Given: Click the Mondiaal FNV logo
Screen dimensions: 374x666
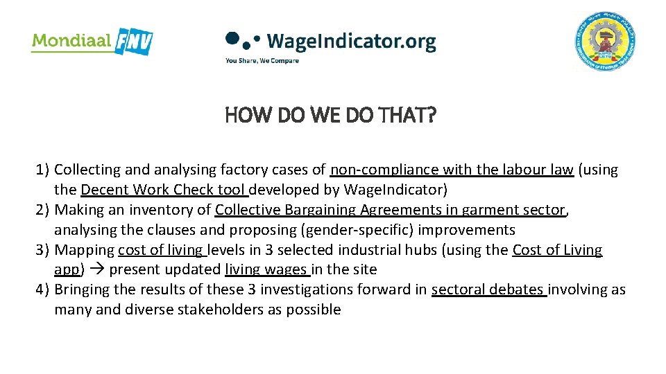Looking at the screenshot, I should (92, 41).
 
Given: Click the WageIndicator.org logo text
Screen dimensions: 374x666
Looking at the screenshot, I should (350, 42).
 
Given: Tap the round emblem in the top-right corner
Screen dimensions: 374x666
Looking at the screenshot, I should (605, 42).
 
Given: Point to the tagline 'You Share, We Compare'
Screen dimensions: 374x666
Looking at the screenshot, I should (262, 61).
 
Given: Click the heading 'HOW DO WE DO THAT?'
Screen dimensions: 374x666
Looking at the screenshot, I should (331, 115).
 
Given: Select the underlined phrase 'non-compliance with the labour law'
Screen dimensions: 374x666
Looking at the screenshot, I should (452, 170).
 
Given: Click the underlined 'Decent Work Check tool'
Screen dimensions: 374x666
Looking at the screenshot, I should (164, 190).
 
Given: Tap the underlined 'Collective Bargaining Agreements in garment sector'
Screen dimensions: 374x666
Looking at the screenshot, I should (391, 210).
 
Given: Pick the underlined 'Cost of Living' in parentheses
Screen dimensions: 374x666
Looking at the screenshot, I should (557, 250).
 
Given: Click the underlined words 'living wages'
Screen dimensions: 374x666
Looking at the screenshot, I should (268, 270).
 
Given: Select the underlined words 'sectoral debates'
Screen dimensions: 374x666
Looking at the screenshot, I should (489, 290).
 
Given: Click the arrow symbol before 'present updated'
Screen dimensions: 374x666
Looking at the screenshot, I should (99, 270).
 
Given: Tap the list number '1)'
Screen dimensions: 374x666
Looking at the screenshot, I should (42, 170).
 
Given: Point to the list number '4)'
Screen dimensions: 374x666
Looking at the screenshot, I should (42, 290).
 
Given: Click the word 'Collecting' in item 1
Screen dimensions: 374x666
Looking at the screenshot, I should (87, 170).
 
